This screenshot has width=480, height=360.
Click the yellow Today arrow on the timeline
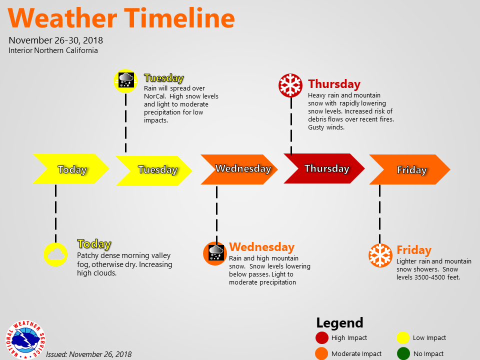[x=71, y=168]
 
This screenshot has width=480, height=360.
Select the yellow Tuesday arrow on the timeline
[x=154, y=171]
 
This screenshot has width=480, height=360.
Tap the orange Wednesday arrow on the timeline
[x=239, y=169]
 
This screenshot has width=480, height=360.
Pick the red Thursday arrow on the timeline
[x=324, y=168]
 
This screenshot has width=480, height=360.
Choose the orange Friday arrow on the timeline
[x=409, y=169]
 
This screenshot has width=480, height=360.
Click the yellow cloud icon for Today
[x=55, y=254]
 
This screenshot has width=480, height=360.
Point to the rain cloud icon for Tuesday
[x=125, y=81]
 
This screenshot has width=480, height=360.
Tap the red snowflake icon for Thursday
[x=290, y=85]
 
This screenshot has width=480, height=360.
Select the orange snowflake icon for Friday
[x=380, y=255]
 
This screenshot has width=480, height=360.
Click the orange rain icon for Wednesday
[x=215, y=253]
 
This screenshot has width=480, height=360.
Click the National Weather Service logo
[x=25, y=340]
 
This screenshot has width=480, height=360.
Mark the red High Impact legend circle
[x=321, y=337]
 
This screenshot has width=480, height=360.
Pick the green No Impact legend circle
[x=403, y=353]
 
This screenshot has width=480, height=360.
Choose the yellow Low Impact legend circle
[x=403, y=337]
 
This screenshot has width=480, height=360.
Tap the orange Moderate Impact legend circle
[x=321, y=353]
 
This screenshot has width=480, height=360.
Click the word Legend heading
[x=339, y=322]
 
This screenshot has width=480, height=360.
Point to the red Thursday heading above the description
[x=334, y=84]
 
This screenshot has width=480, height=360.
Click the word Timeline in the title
[x=179, y=18]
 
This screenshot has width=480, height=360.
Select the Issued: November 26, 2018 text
[x=89, y=354]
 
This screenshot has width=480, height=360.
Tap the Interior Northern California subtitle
[x=53, y=50]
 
